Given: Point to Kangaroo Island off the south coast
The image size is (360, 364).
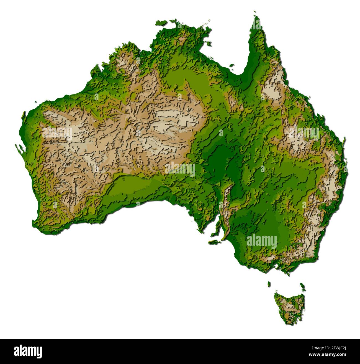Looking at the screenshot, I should (215, 241).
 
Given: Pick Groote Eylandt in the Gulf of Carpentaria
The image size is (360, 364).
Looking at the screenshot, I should (208, 43).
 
